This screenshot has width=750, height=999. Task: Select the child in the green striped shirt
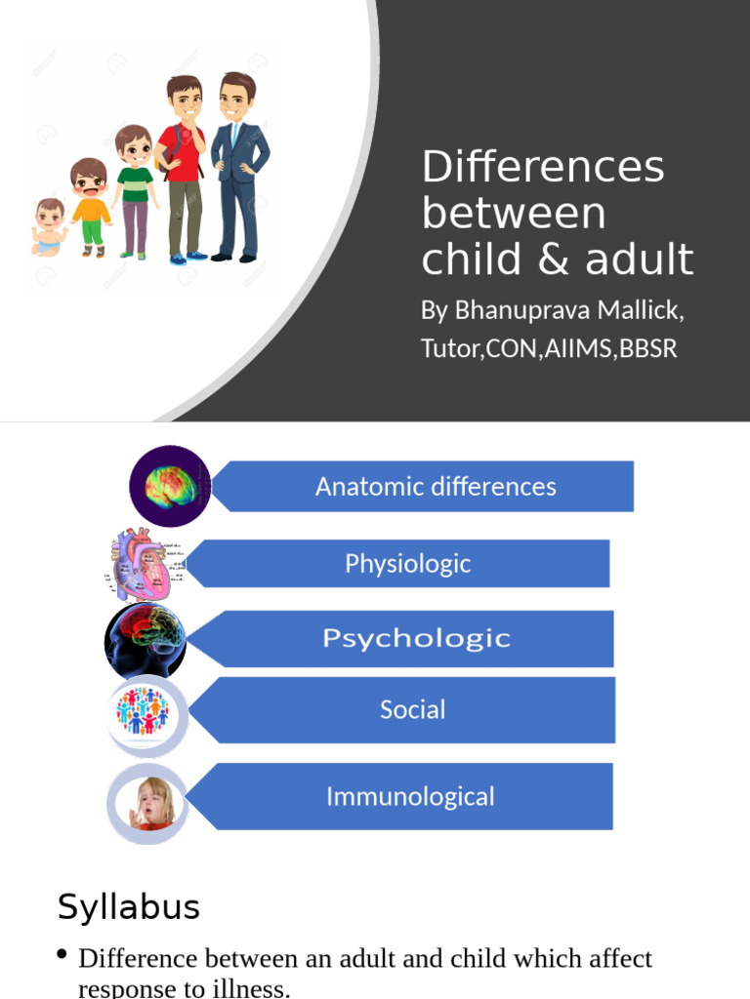(135, 189)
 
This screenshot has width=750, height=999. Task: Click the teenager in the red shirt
(184, 166)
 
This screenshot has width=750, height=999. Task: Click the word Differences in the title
(543, 167)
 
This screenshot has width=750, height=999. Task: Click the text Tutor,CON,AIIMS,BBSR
(549, 348)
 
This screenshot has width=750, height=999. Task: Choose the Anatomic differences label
(436, 487)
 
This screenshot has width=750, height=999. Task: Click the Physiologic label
(407, 564)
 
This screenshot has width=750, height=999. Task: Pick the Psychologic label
(416, 639)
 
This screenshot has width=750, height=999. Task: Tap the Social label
(412, 709)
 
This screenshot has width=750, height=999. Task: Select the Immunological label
(410, 796)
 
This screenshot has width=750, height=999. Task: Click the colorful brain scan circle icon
(171, 485)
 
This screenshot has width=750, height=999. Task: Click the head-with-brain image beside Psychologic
(146, 640)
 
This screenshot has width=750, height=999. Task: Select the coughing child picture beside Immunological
(148, 804)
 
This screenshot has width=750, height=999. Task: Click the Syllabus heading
(129, 907)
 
